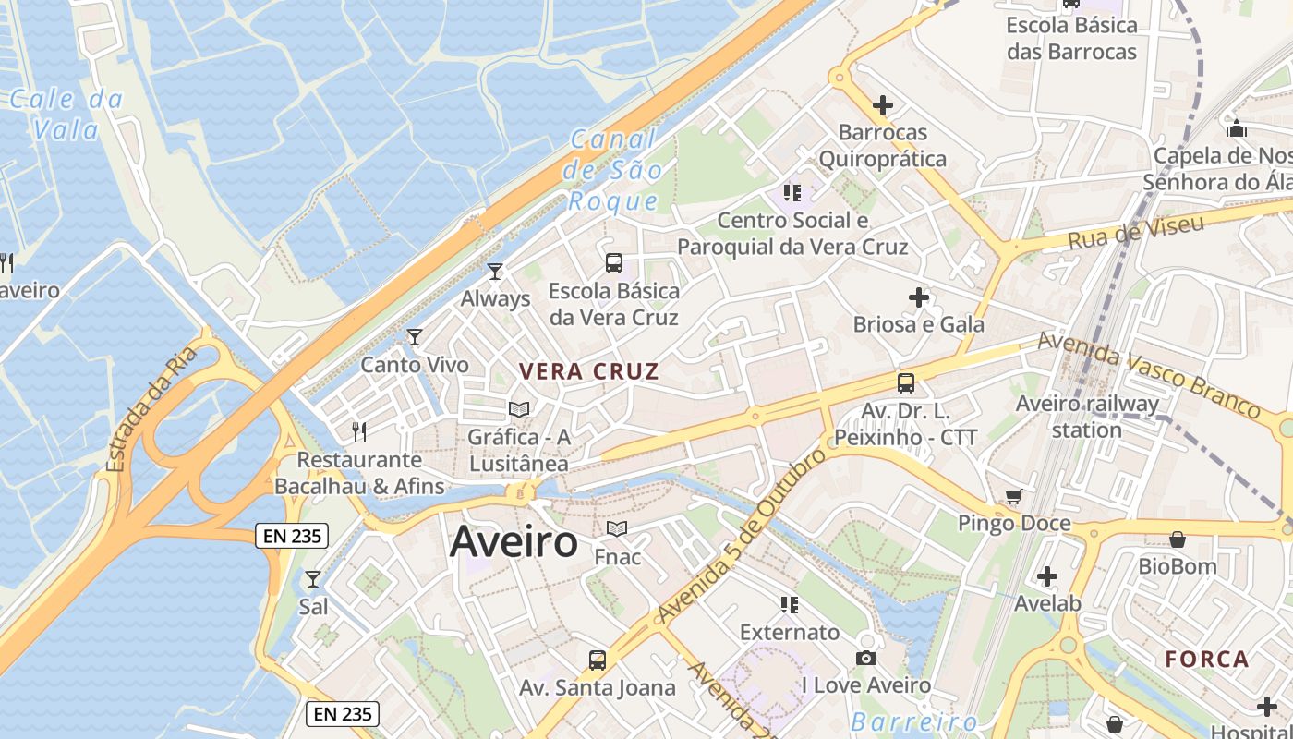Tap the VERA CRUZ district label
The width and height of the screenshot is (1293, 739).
coord(589,372)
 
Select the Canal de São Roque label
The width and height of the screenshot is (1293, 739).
coord(614,171)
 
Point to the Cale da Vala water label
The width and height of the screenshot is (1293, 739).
coord(66,115)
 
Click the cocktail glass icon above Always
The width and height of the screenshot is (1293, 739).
coord(495,271)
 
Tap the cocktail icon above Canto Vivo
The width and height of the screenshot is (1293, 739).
coord(415,336)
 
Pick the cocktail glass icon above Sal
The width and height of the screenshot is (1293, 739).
coord(313,579)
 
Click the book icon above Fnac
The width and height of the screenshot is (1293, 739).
coord(617,529)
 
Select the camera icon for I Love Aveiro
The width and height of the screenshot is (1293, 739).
coord(865,658)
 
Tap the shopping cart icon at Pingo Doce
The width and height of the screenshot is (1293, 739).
coord(1013,497)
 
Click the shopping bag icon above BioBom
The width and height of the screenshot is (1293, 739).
coord(1178,539)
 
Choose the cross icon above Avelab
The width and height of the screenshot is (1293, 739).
coord(1046,576)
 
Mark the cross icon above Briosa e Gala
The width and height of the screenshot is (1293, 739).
coord(918,297)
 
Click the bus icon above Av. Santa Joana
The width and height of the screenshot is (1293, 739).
coord(598,660)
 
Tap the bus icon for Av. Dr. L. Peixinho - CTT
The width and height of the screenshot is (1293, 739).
coord(905,382)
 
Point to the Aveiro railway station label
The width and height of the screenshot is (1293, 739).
coord(1087,417)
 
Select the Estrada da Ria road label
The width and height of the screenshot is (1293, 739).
coord(153,408)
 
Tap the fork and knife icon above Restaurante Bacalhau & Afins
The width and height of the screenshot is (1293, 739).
coord(360,431)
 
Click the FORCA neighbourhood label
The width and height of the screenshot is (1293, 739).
coord(1206,660)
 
